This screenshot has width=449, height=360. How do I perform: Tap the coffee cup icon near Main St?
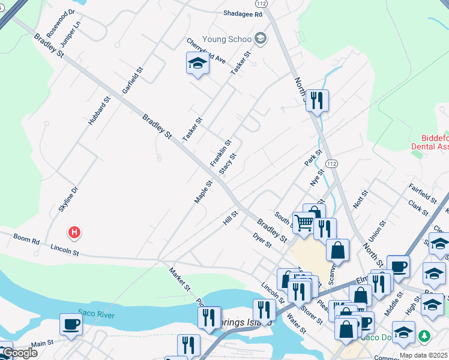[71, 325]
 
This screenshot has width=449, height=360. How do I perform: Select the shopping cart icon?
[304, 223]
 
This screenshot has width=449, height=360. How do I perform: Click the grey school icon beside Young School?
[260, 39]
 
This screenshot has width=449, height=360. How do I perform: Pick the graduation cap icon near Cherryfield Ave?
[196, 63]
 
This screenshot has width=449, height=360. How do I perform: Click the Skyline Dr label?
[68, 199]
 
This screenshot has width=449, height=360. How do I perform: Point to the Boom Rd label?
[26, 241]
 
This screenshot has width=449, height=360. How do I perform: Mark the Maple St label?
[203, 191]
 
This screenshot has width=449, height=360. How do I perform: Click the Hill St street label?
[231, 217]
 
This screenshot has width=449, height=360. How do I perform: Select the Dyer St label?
[262, 240]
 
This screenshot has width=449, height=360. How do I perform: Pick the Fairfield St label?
[423, 193]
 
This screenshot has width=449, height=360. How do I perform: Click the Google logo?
[19, 352]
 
